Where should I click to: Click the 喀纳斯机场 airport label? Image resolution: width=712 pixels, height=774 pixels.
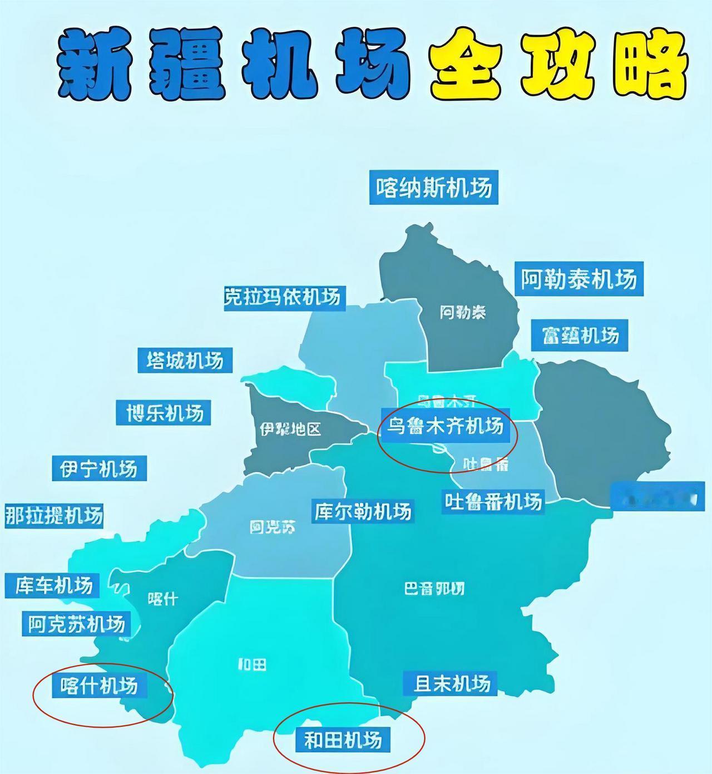tap(433, 188)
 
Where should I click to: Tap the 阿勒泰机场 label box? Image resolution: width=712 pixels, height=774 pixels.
tap(578, 279)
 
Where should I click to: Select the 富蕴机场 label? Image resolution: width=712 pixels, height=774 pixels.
tap(580, 335)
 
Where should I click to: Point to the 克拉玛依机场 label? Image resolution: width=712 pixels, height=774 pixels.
tap(283, 296)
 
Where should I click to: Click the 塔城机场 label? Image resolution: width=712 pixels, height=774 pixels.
tap(185, 360)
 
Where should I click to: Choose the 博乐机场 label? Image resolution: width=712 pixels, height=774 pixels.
tap(164, 413)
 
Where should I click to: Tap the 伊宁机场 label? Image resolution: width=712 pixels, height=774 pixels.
tap(99, 469)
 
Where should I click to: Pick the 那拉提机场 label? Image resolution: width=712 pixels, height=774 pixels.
tap(54, 516)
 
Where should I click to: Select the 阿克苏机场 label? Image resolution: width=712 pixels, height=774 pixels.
tap(77, 624)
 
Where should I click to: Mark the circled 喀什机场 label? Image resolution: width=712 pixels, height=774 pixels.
tap(99, 686)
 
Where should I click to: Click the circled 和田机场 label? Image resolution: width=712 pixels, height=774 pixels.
tap(343, 740)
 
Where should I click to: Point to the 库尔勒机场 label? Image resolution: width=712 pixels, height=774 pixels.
tap(363, 511)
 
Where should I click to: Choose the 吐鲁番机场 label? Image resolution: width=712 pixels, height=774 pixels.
tap(493, 501)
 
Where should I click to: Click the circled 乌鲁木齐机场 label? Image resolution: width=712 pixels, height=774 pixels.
tap(445, 426)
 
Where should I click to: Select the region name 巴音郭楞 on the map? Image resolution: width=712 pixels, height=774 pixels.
tap(434, 588)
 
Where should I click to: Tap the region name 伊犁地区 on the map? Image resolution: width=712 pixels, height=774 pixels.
tap(290, 429)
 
